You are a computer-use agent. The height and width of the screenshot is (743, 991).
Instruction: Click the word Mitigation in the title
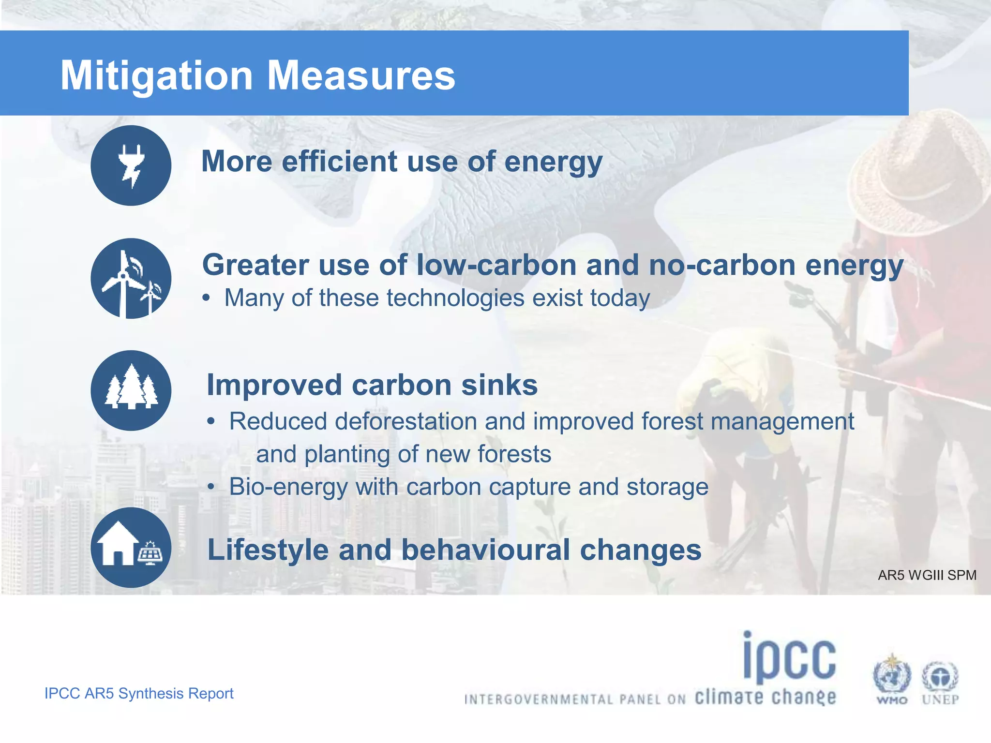[156, 76]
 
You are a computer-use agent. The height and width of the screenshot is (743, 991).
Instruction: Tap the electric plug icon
[131, 165]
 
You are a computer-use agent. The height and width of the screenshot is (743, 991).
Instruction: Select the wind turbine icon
[131, 279]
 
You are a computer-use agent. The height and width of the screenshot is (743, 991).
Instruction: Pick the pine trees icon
[131, 390]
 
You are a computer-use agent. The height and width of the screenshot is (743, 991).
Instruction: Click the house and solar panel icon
[131, 548]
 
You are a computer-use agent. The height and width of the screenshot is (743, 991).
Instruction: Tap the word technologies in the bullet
[455, 298]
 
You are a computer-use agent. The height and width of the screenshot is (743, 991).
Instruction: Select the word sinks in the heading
[499, 385]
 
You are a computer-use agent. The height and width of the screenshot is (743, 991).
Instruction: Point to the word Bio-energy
[288, 487]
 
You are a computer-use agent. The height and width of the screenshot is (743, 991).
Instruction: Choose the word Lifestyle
[268, 550]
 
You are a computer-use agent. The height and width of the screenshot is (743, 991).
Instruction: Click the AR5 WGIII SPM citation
[927, 575]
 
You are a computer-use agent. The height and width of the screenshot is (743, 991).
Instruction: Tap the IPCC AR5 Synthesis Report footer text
[139, 693]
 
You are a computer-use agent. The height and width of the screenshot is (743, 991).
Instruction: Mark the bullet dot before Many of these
[207, 298]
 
